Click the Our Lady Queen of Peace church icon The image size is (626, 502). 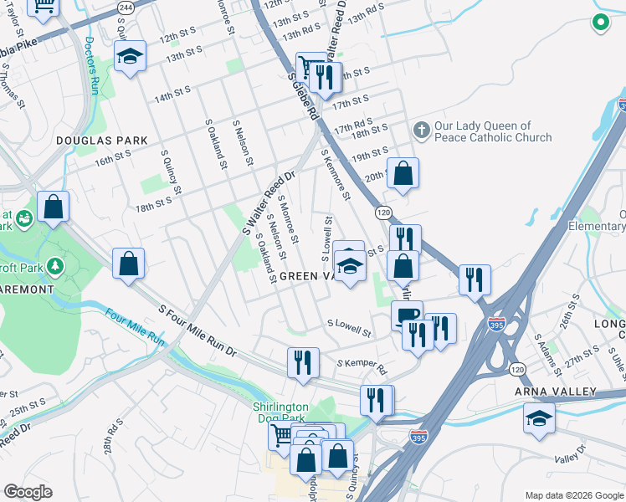[x=421, y=131]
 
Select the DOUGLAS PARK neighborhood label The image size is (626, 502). [x=103, y=141]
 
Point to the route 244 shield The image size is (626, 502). [x=126, y=7]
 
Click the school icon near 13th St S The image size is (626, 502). [x=130, y=57]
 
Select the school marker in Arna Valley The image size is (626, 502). [x=539, y=417]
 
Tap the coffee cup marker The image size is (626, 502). [x=408, y=315]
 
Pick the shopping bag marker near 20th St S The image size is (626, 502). [x=403, y=174]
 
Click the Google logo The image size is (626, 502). [x=28, y=492]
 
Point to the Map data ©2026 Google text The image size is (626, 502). [x=573, y=494]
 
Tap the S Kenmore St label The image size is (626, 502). [x=334, y=174]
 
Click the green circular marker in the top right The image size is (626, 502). [x=600, y=23]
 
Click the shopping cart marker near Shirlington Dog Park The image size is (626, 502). [x=283, y=434]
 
